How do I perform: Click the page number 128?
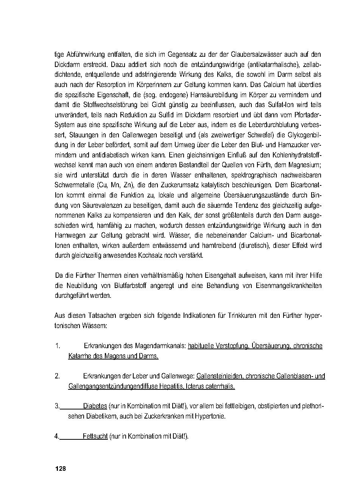tap(61, 469)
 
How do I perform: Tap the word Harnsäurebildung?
tap(212, 95)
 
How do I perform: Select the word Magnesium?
tap(304, 165)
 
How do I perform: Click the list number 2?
tap(57, 376)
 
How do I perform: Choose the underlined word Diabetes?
tap(95, 406)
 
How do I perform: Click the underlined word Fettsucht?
tap(95, 436)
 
